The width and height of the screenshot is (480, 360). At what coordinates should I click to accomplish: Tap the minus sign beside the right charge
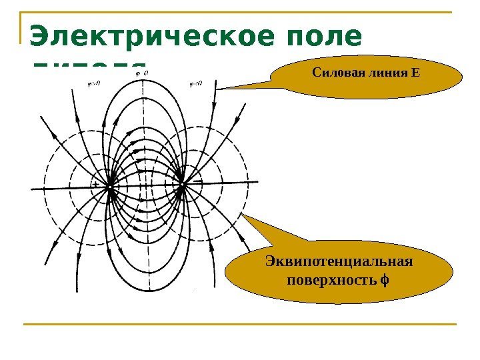(x=198, y=181)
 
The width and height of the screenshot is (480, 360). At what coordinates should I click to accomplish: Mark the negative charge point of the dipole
(x=181, y=187)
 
